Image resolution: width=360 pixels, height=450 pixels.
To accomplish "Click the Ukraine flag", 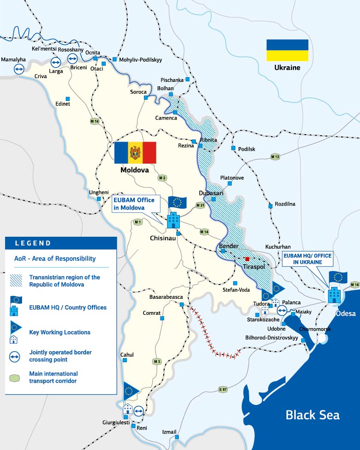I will pyautogui.click(x=287, y=50).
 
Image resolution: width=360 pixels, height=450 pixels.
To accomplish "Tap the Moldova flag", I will pyautogui.click(x=135, y=153).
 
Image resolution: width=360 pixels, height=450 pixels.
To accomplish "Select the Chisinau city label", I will pyautogui.click(x=163, y=238).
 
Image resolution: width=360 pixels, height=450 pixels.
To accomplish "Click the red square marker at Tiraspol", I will pyautogui.click(x=247, y=259).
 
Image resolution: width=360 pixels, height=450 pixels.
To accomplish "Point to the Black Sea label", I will pyautogui.click(x=312, y=415).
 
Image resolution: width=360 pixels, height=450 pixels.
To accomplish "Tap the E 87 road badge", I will pyautogui.click(x=223, y=390).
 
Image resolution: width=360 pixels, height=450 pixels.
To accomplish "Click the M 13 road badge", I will pyautogui.click(x=275, y=157).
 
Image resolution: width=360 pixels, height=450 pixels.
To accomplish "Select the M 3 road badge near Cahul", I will pyautogui.click(x=157, y=362).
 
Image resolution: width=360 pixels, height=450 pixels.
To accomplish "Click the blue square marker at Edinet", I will pyautogui.click(x=68, y=98).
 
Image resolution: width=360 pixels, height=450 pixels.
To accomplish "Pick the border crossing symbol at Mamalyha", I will pyautogui.click(x=19, y=69).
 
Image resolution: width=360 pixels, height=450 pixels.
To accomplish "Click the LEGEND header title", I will pyautogui.click(x=33, y=243).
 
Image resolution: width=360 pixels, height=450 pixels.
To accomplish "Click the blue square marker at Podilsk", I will pyautogui.click(x=233, y=148).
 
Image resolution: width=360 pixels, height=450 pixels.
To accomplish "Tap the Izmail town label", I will pyautogui.click(x=169, y=432).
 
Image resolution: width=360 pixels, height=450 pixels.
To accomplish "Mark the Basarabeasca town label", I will pyautogui.click(x=166, y=297).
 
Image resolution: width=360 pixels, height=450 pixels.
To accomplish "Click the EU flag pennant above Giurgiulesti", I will pyautogui.click(x=131, y=390).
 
